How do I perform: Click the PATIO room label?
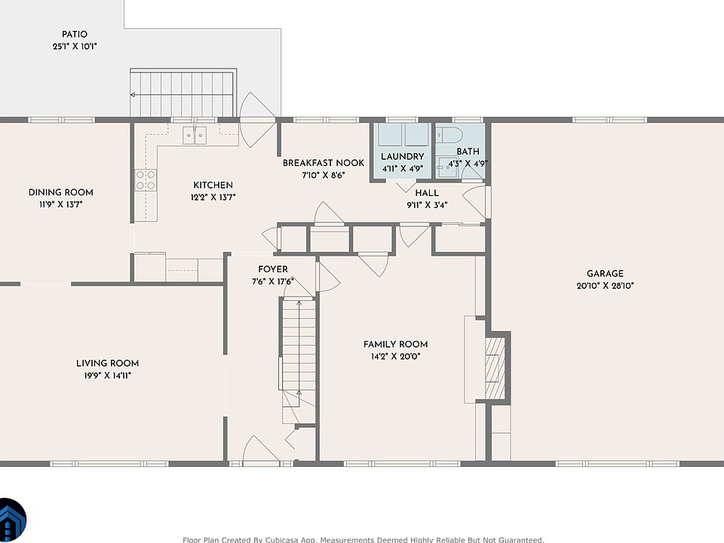(x=75, y=34)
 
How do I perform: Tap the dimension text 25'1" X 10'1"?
(x=75, y=46)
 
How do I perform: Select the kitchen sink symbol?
(x=195, y=135)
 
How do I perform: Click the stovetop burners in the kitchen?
(x=146, y=180)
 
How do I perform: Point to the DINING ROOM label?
(x=61, y=192)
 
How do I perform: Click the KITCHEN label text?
(x=213, y=186)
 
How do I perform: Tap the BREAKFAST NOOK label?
(x=324, y=163)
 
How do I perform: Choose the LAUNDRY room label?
(x=403, y=157)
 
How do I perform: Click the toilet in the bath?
(x=449, y=134)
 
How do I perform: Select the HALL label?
(x=427, y=193)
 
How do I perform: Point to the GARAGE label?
(x=605, y=273)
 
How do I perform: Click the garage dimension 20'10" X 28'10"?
(x=605, y=286)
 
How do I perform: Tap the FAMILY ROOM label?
(x=395, y=344)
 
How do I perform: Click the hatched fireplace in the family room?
(x=495, y=369)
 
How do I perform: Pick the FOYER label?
(x=273, y=269)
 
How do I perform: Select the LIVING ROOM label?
(x=108, y=364)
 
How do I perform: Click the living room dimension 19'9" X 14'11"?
(x=108, y=376)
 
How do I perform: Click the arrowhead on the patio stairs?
(x=133, y=95)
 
